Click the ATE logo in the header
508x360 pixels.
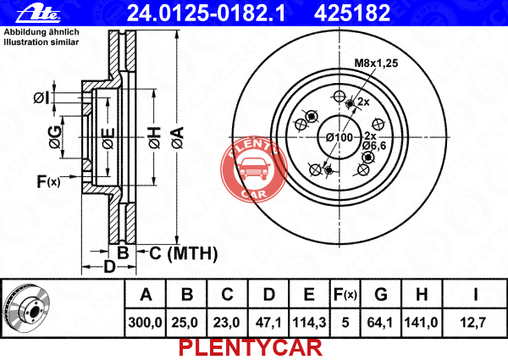(38, 14)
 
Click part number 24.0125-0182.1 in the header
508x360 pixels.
(206, 14)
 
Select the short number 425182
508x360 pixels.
(352, 14)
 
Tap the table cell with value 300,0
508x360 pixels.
(145, 323)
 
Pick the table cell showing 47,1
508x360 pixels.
(268, 323)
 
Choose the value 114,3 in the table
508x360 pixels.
(309, 323)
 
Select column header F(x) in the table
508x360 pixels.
(345, 295)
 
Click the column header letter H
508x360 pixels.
(421, 295)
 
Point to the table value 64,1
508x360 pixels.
(380, 323)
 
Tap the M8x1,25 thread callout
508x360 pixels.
(376, 63)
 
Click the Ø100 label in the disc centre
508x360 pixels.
(340, 137)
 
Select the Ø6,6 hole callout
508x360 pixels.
(374, 146)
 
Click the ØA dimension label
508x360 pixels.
(178, 138)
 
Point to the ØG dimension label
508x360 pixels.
(55, 137)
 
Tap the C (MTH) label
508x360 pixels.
(183, 253)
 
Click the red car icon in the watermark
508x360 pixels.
(254, 169)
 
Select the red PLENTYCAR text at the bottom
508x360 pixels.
(251, 348)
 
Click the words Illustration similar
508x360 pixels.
(41, 42)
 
